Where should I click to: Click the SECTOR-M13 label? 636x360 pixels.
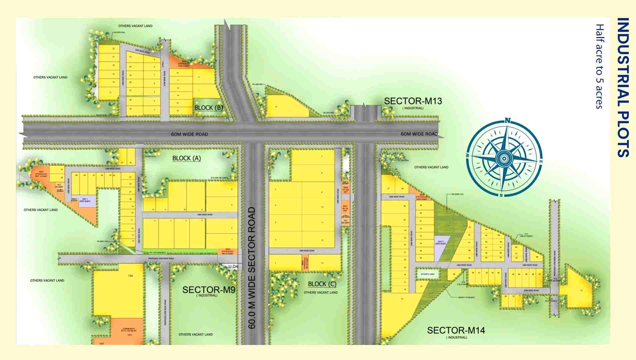tap(413, 101)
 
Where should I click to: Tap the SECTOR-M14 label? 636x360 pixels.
tap(456, 330)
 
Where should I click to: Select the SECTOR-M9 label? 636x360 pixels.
tap(209, 290)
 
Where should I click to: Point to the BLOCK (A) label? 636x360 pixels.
tap(186, 158)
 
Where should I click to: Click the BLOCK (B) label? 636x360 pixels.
tap(208, 108)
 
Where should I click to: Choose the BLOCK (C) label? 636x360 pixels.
tap(322, 284)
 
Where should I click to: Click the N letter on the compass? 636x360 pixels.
tap(507, 120)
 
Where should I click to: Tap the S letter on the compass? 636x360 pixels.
tap(501, 195)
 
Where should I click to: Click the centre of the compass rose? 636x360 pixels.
tap(504, 158)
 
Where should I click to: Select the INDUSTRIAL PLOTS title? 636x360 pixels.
tap(622, 87)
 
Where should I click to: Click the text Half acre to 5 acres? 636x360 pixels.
tap(600, 66)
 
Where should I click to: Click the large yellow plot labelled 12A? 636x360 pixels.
tap(119, 290)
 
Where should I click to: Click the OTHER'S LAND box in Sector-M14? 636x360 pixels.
tap(427, 274)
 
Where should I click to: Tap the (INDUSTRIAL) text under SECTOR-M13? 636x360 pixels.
tap(413, 108)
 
